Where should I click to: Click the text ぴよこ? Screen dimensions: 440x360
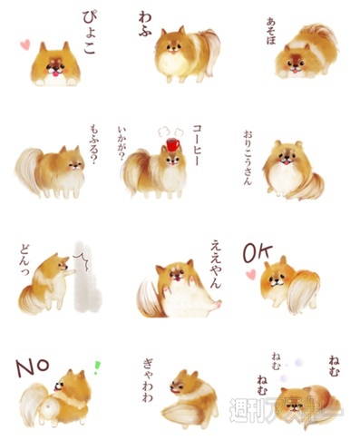[88, 34]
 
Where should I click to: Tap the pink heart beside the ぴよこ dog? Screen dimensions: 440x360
[26, 43]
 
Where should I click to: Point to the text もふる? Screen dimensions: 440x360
[93, 142]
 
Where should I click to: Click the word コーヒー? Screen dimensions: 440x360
[195, 145]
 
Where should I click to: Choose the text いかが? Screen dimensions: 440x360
[124, 143]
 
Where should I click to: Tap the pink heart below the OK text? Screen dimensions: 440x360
[250, 273]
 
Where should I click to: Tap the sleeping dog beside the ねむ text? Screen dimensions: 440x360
[308, 404]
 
